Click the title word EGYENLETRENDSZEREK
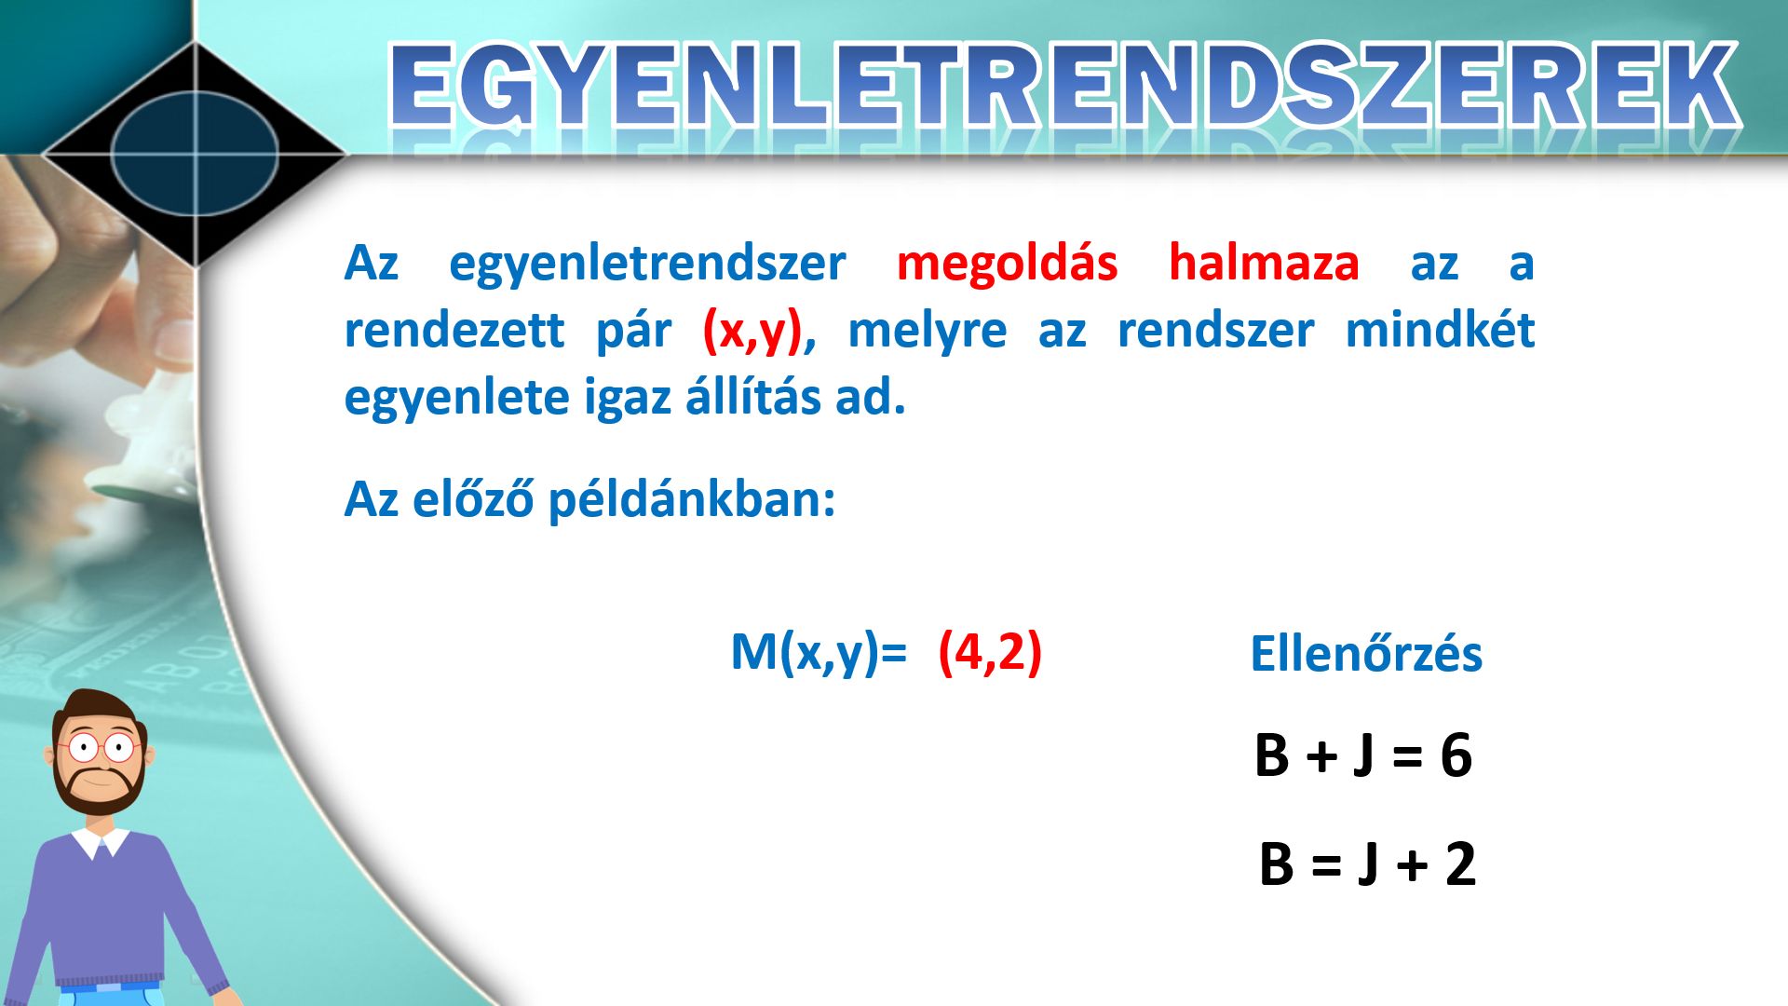tap(1064, 86)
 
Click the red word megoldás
tap(1007, 265)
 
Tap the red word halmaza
tap(1264, 263)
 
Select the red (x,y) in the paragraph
tap(752, 332)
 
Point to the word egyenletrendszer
tap(647, 265)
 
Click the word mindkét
tap(1440, 330)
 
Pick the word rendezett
tap(454, 331)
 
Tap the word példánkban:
tap(691, 500)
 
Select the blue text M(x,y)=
tap(819, 652)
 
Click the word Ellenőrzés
tap(1365, 654)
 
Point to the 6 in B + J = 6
tap(1456, 755)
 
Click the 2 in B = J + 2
tap(1460, 863)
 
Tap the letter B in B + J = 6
tap(1271, 755)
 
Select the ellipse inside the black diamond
tap(196, 153)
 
